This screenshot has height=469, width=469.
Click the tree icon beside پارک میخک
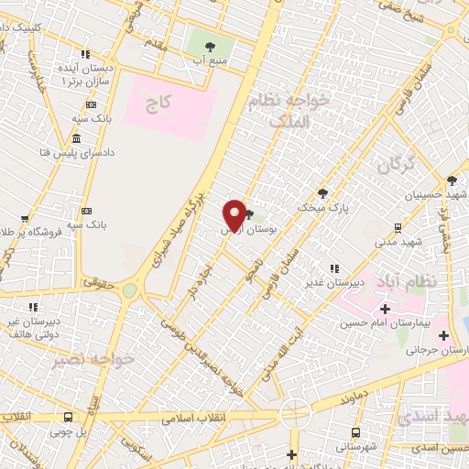322,192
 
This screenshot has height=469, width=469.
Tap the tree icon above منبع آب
211,46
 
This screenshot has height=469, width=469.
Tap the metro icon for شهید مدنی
398,227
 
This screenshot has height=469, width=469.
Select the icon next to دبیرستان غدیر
334,268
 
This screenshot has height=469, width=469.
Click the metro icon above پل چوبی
69,417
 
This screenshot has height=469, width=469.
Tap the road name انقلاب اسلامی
192,418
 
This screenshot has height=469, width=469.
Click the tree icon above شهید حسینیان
452,180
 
